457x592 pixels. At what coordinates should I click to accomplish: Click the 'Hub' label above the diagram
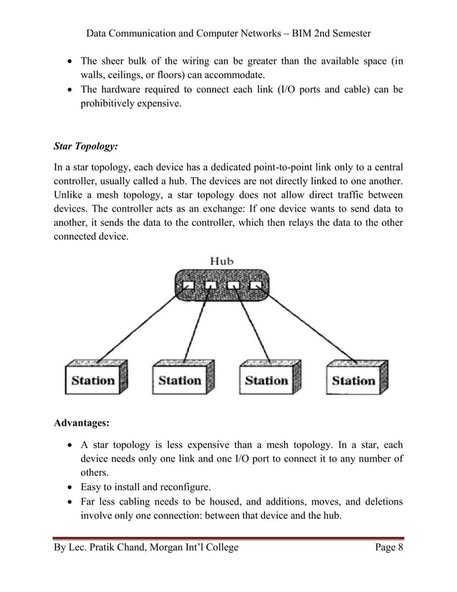click(221, 262)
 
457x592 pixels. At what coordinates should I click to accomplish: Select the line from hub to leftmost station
click(140, 326)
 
